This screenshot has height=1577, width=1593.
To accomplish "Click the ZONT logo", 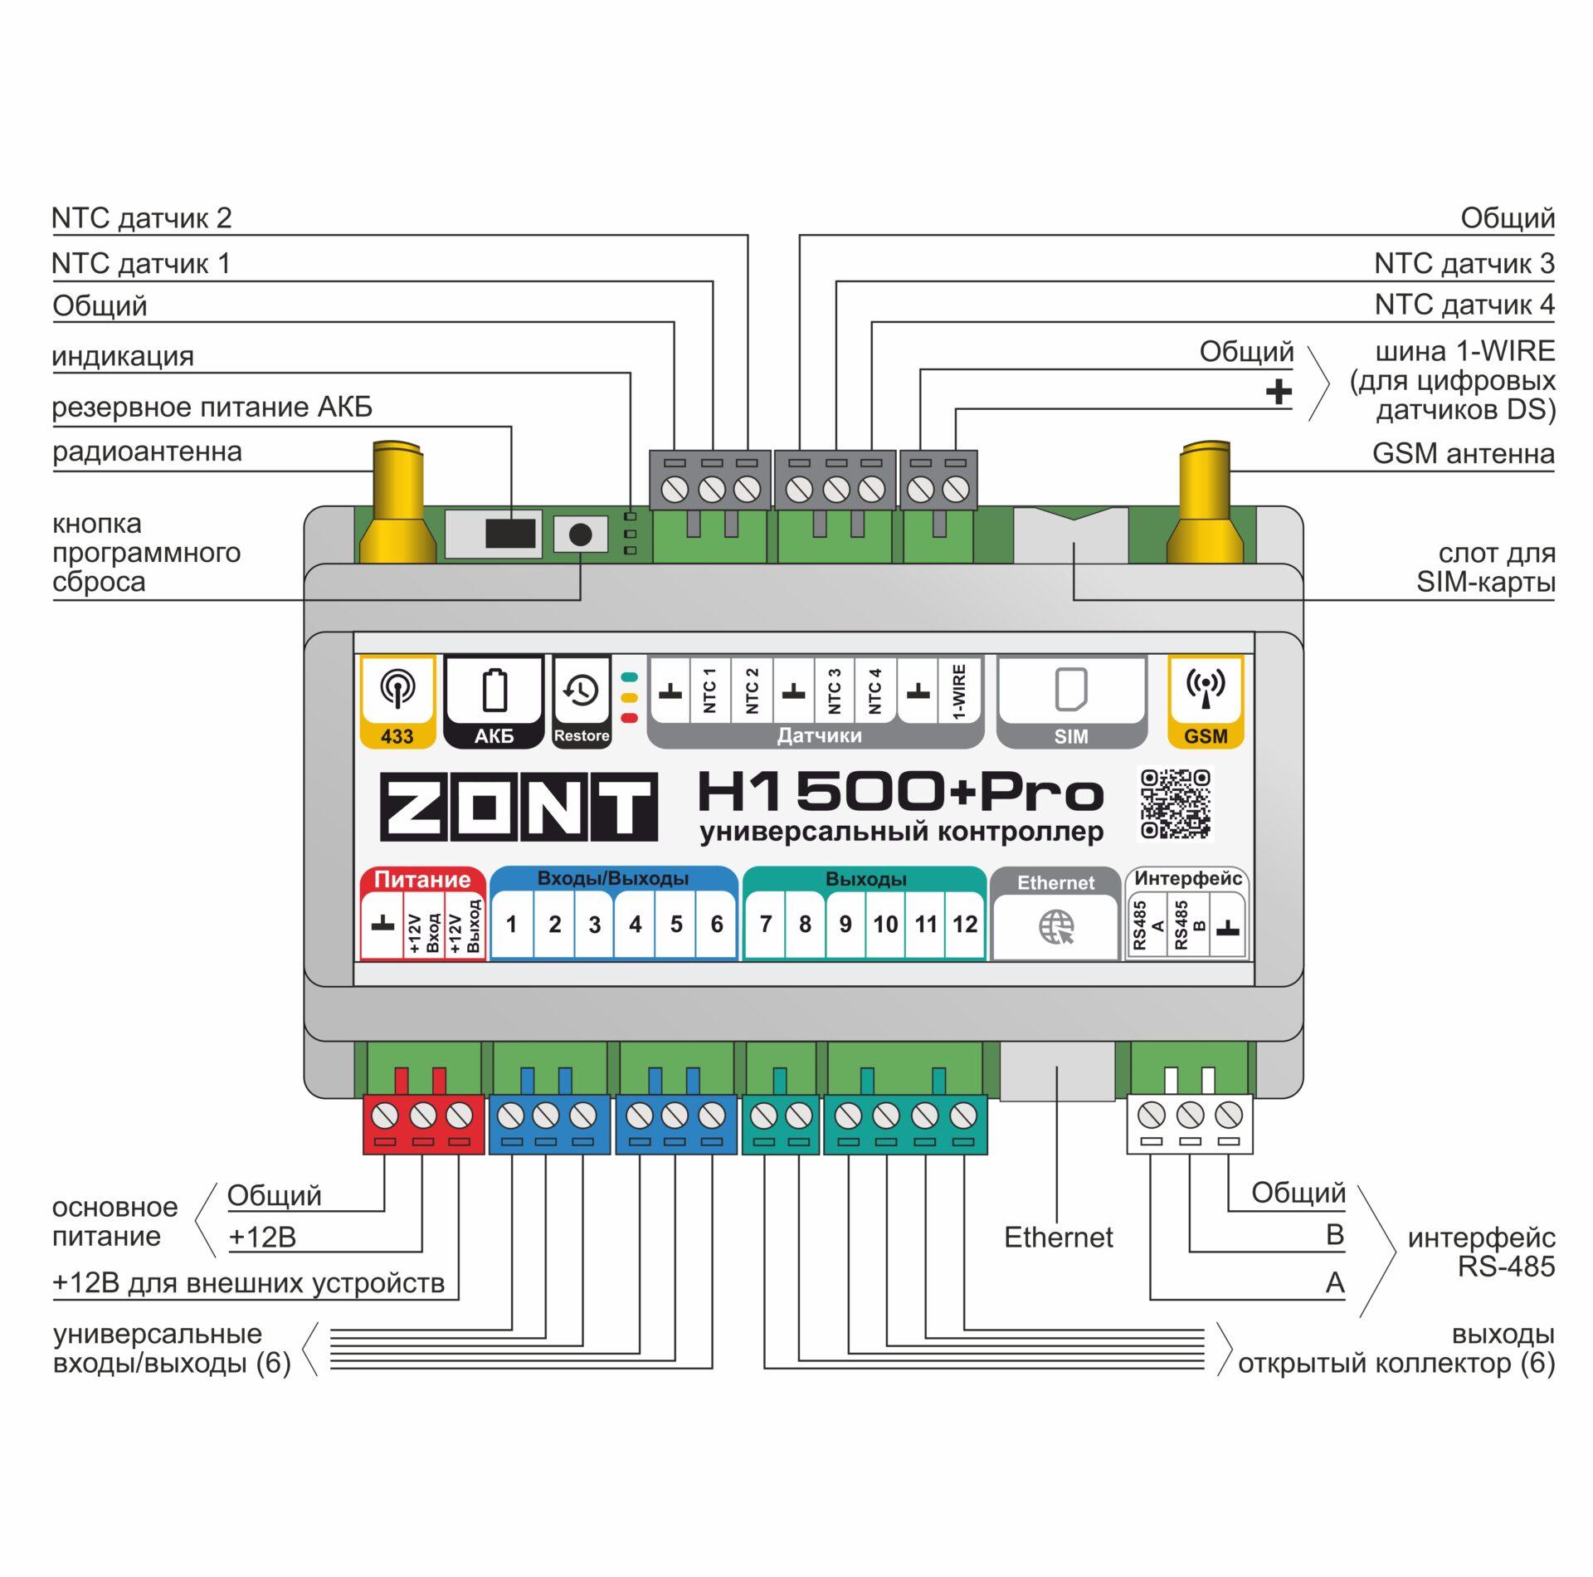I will point(519,807).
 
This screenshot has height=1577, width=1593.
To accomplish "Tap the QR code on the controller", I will point(1175,803).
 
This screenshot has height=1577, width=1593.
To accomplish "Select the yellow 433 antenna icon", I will point(397,689).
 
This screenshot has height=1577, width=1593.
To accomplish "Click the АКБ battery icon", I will point(494,691).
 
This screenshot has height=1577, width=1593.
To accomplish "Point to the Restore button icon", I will point(581,691).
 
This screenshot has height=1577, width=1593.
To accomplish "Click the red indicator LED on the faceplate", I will point(629,718).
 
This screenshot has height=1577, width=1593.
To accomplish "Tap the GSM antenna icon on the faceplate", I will point(1206,689).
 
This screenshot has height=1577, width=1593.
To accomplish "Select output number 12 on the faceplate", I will point(964,924).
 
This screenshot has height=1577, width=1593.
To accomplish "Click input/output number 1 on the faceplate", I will point(511,924).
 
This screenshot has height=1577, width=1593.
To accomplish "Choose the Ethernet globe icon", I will point(1056,926).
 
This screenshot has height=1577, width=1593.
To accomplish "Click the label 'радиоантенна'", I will point(147,452).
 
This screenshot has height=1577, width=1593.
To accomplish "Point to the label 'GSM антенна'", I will point(1463,454).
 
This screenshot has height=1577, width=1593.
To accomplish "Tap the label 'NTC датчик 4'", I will point(1464,305).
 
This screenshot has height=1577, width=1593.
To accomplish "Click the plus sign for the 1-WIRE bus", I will point(1279,391).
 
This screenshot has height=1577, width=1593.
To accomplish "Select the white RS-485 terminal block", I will point(1190,1124).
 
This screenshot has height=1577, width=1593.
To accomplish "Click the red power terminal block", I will point(423,1124).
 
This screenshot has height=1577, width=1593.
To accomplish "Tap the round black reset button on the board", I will point(580,535).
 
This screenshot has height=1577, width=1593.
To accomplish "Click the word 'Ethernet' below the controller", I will point(1058,1238).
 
